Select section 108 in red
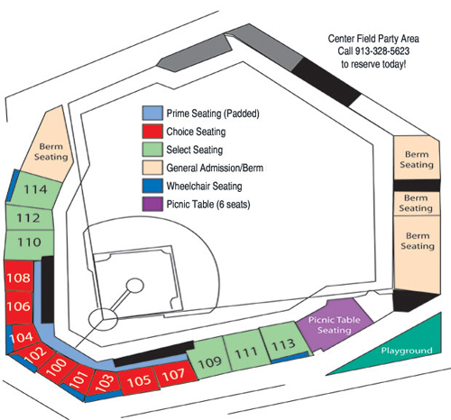coord(19,277)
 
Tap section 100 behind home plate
coord(57,367)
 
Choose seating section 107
coord(174,374)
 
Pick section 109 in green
coord(209,359)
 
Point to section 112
coord(29,218)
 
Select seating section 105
coord(138,381)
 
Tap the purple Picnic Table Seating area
coord(335,324)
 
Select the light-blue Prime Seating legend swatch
coord(152,113)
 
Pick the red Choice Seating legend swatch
coord(152,132)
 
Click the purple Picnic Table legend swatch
coord(152,204)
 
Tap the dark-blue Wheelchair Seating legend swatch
coord(152,186)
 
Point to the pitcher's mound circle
coord(134,286)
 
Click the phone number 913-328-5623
coord(382,51)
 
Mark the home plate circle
coord(103,319)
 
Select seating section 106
coord(19,306)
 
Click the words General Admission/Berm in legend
coord(215,168)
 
